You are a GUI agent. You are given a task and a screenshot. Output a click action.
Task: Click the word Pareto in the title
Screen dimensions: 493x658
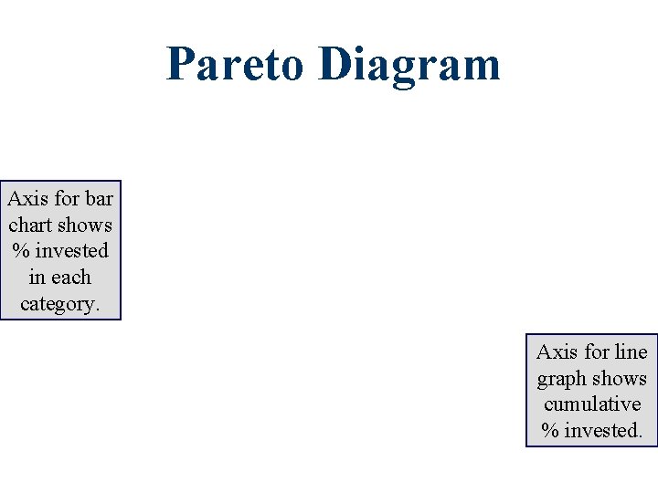pos(235,65)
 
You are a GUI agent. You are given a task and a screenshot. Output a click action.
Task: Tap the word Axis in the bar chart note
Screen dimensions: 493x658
pos(26,198)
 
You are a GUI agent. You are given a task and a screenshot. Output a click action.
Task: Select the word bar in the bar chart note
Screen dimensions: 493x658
pos(99,198)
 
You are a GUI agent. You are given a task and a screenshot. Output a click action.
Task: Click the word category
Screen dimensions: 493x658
pos(59,304)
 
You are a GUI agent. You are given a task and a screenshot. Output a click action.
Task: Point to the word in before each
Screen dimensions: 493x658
pos(37,278)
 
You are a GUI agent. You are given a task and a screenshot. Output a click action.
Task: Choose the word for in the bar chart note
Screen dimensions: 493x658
pos(64,198)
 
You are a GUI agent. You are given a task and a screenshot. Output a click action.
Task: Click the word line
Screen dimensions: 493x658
pos(631,352)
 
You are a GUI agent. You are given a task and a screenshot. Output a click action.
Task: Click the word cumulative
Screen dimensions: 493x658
pos(591,404)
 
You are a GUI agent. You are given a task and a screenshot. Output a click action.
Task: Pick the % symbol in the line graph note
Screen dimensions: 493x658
pos(550,431)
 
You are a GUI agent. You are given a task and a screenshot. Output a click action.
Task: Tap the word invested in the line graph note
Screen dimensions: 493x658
pos(603,431)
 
